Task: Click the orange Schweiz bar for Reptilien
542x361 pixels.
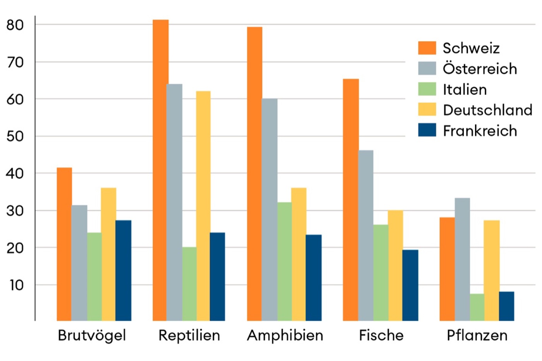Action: (x=160, y=170)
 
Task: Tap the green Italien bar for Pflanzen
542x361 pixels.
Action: (x=477, y=307)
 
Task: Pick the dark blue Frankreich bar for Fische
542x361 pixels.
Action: (x=410, y=285)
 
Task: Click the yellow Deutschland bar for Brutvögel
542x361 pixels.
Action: (x=108, y=254)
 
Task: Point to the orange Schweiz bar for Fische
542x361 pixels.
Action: (x=351, y=200)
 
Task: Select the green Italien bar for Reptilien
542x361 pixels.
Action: (x=189, y=284)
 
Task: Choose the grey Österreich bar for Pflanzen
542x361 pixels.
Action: (x=462, y=259)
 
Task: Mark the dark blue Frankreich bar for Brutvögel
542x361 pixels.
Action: (x=123, y=270)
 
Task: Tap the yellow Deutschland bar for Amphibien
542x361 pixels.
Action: (x=298, y=254)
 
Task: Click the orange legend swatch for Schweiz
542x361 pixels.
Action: (x=427, y=48)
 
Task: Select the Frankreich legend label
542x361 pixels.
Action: (x=480, y=131)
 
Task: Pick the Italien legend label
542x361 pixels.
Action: (x=465, y=89)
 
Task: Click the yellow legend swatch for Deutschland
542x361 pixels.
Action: (x=427, y=109)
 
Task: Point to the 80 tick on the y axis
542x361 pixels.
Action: (x=15, y=25)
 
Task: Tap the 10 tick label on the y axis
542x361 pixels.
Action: (x=16, y=285)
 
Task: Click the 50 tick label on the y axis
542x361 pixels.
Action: (x=15, y=136)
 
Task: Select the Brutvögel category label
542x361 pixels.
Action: (x=92, y=335)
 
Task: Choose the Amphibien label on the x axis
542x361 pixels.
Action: (x=285, y=335)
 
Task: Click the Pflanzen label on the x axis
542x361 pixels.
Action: (x=477, y=335)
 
